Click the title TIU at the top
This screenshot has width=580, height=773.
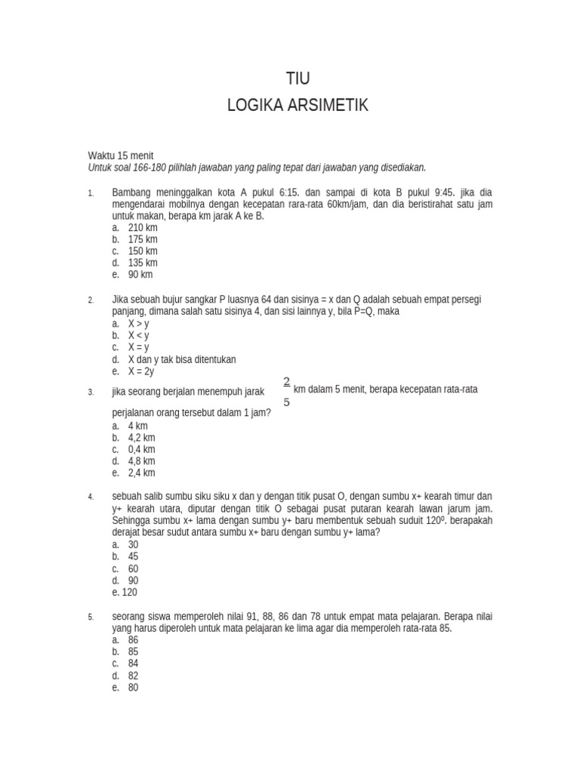(298, 79)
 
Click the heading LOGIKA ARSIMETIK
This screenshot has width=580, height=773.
(298, 106)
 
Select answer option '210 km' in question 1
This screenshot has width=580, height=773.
(142, 227)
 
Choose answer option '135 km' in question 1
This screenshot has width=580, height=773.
(142, 263)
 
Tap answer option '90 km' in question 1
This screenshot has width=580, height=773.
(140, 275)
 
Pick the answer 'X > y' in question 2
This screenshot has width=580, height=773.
(138, 323)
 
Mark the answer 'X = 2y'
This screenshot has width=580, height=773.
(140, 371)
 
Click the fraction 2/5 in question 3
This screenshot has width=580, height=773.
(287, 391)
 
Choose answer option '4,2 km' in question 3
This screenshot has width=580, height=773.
(141, 438)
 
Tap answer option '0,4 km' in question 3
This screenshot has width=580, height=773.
(141, 449)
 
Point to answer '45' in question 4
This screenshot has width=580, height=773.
(133, 556)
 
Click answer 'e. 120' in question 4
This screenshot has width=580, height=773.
(125, 593)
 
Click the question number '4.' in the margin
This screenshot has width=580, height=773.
(91, 497)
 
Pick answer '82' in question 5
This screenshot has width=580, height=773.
(133, 676)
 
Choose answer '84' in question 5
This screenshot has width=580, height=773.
(133, 664)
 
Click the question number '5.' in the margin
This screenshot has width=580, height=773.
(91, 617)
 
